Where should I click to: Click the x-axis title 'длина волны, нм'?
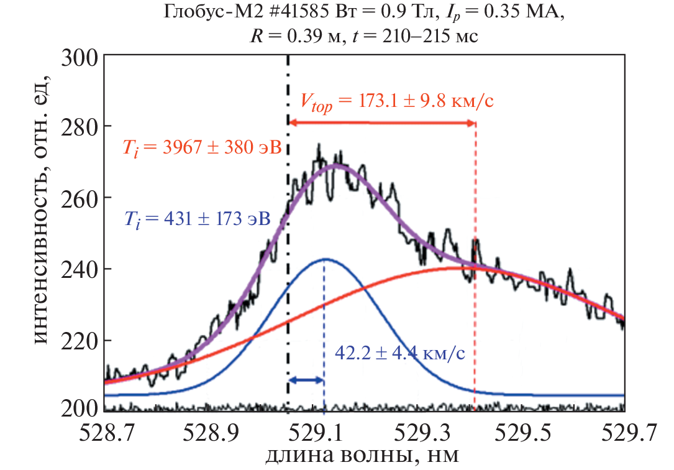(x=363, y=456)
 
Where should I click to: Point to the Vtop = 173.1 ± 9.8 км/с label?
(x=398, y=101)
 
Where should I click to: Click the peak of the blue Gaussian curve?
(x=324, y=259)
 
